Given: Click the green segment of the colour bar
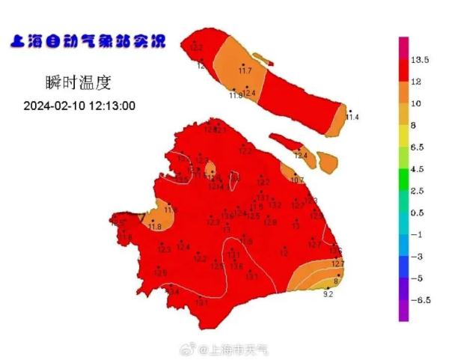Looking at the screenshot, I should pyautogui.click(x=403, y=169).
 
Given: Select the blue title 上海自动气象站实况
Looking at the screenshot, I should pyautogui.click(x=87, y=41).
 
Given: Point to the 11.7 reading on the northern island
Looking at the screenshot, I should pyautogui.click(x=245, y=71).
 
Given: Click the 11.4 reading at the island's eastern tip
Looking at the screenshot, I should pyautogui.click(x=352, y=118).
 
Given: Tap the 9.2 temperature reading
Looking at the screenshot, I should pyautogui.click(x=327, y=294).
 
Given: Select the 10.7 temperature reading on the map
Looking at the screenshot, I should pyautogui.click(x=297, y=180).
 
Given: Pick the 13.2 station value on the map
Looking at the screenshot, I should pyautogui.click(x=275, y=205).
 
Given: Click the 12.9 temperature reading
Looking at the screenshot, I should pyautogui.click(x=160, y=273).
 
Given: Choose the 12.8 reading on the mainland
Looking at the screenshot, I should pyautogui.click(x=269, y=222).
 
